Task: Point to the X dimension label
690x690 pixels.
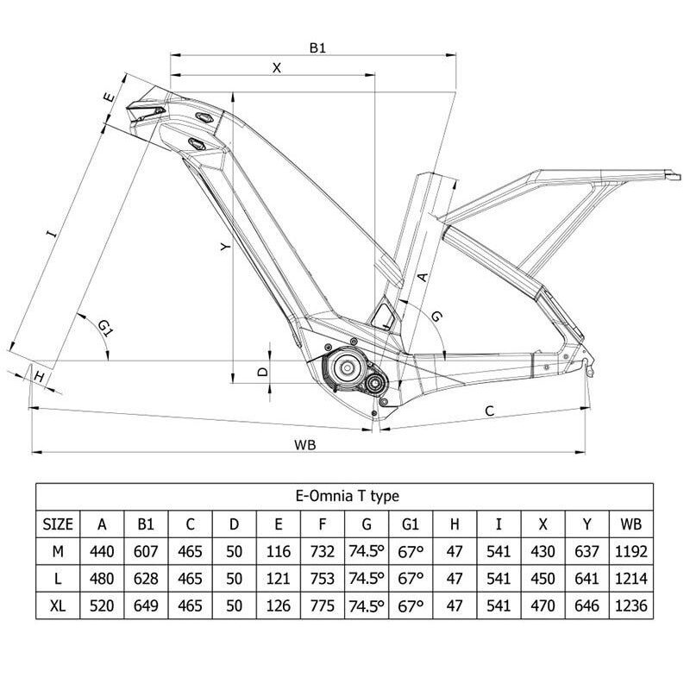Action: point(277,68)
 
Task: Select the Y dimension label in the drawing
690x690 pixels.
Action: point(225,248)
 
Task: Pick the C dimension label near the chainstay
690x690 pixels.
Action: point(489,411)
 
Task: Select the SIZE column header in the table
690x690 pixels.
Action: point(57,523)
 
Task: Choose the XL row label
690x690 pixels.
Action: point(57,605)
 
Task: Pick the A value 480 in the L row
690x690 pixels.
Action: point(103,578)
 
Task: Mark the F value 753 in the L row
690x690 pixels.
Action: point(323,578)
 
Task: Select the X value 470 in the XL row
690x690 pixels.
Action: point(543,605)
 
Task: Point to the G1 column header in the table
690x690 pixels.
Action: point(411,523)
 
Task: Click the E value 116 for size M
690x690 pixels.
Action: point(279,550)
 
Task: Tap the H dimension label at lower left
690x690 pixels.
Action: point(38,376)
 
